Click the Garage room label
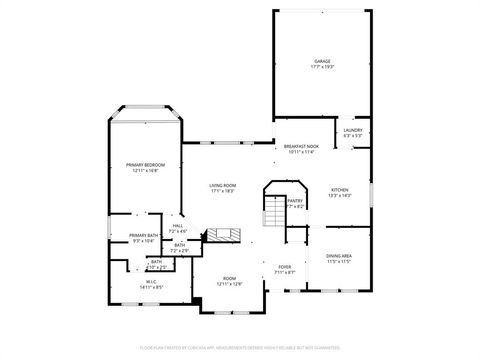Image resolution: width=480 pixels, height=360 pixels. coord(322,61)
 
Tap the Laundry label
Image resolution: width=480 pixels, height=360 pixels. coord(352,130)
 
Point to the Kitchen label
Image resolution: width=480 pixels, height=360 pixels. coord(340,189)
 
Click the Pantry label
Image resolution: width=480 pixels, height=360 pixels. coord(295,200)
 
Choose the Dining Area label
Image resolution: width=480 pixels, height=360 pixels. coord(339,255)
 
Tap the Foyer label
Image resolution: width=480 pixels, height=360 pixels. coord(284,267)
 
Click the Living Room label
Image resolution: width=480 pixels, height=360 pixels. coord(222,185)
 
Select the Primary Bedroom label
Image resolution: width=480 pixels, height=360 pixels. coord(146,164)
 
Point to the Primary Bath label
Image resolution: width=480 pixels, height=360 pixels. coord(143,235)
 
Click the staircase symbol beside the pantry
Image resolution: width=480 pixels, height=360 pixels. coord(273,212)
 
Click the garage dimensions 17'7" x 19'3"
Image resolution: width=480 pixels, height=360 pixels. coord(322,67)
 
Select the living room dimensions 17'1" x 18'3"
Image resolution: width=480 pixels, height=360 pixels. coord(222,191)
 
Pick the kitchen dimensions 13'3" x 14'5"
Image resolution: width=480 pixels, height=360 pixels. coord(340,195)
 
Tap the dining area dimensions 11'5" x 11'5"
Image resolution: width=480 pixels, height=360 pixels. coord(339,261)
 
